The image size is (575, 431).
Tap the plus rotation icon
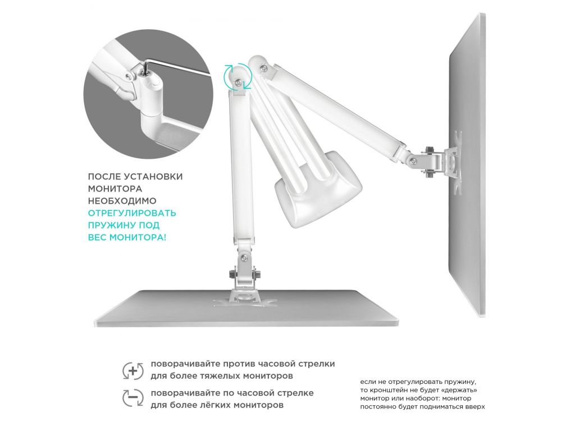(133, 370)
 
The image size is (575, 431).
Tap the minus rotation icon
(133, 398)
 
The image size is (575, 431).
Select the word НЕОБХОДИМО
(122, 201)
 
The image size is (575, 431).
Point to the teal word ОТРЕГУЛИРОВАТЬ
(132, 213)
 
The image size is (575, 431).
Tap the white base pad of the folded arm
(318, 187)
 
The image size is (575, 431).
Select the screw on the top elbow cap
(263, 67)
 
